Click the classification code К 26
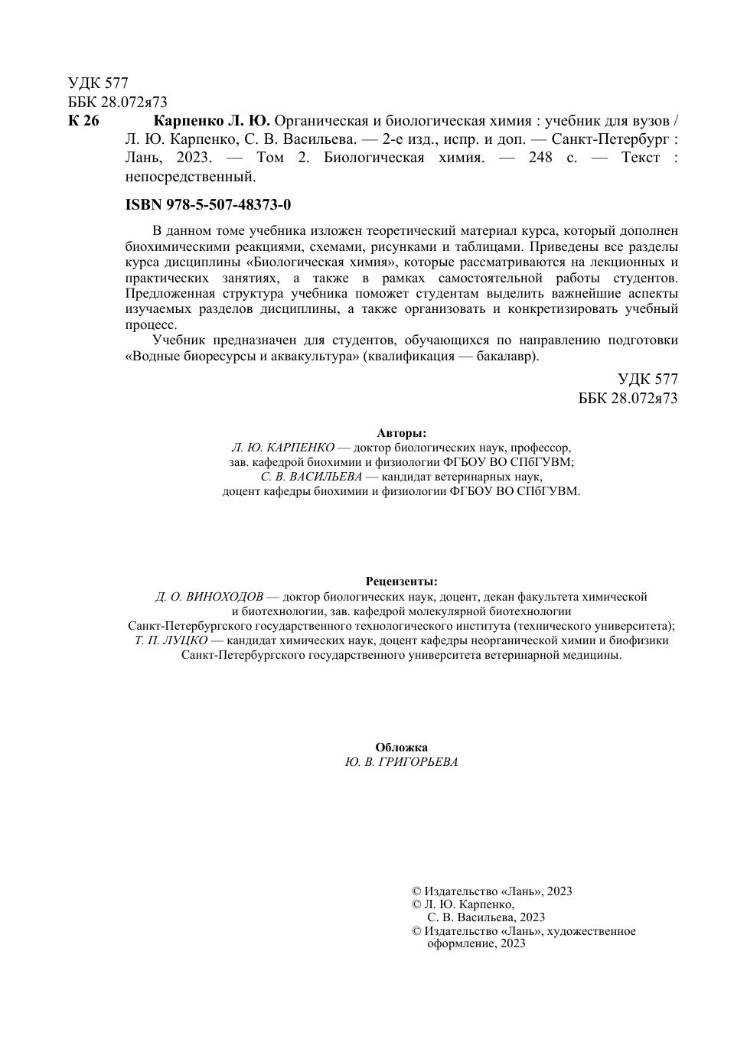coord(83,121)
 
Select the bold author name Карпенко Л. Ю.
coord(212,121)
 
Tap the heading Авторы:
coord(402,432)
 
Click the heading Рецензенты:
coord(402,581)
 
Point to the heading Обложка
coord(402,747)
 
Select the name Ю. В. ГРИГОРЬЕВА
coord(402,762)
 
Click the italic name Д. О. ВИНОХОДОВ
coord(209,596)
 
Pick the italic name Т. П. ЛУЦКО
coord(171,640)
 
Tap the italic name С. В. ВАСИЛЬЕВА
coord(311,476)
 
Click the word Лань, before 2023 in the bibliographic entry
coord(143,158)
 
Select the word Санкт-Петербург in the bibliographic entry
coord(611,139)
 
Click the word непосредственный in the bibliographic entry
coord(190,177)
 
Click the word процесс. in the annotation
coord(151,324)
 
